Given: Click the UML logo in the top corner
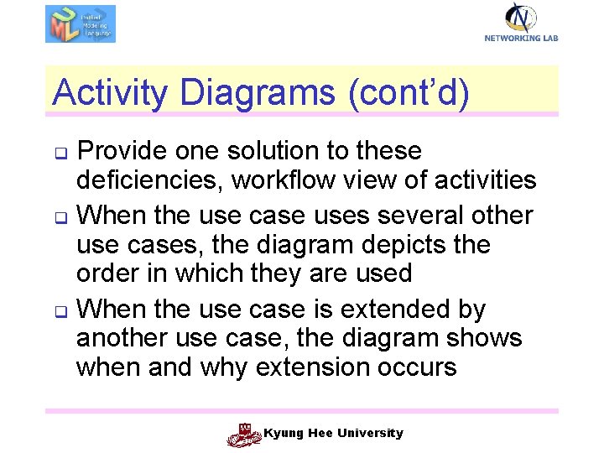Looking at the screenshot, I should pyautogui.click(x=80, y=23).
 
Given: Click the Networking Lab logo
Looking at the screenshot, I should pyautogui.click(x=521, y=22).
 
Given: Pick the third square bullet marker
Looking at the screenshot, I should pyautogui.click(x=60, y=312).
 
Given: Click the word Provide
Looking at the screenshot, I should pyautogui.click(x=126, y=151).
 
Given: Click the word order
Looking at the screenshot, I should pyautogui.click(x=107, y=273).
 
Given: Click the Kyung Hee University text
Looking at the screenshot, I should pyautogui.click(x=334, y=433).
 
